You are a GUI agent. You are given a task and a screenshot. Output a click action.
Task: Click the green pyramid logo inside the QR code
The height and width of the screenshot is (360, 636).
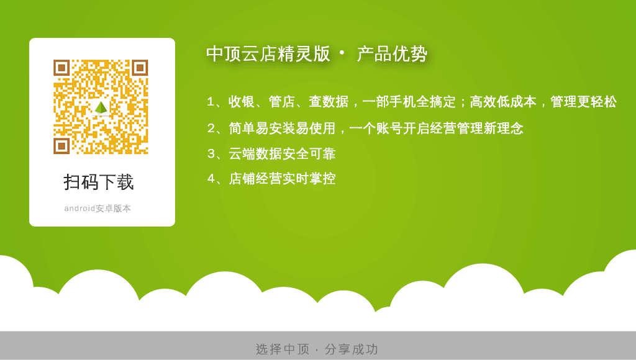[101, 107]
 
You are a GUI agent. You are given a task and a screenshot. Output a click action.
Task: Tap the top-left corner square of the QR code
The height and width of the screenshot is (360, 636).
[61, 68]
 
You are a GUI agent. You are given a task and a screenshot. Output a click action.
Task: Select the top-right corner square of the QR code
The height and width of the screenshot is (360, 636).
[140, 68]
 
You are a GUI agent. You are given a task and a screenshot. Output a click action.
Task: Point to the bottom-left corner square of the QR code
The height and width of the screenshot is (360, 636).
[61, 146]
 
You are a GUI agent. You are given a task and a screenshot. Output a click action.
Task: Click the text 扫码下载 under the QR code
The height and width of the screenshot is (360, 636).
[99, 182]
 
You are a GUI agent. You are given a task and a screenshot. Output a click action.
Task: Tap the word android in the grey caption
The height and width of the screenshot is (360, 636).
[79, 209]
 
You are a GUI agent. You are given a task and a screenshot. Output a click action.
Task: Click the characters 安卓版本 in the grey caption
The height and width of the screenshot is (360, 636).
[113, 209]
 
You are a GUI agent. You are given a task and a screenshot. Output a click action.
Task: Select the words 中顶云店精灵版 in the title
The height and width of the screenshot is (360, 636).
[268, 54]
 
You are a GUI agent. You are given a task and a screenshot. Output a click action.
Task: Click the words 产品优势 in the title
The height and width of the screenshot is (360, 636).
[392, 54]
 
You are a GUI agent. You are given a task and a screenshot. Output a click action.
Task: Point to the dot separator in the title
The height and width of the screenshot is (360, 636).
[342, 53]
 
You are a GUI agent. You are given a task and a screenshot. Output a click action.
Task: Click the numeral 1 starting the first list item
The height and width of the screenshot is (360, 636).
[211, 101]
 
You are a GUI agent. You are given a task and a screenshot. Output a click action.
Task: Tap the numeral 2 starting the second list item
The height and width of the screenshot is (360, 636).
[211, 128]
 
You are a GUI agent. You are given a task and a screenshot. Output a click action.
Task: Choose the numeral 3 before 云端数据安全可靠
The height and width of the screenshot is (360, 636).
[211, 154]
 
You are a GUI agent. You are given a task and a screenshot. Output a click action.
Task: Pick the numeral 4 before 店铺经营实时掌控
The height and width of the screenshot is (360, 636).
[211, 178]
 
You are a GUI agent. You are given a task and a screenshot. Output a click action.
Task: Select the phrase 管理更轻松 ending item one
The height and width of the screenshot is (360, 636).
[583, 101]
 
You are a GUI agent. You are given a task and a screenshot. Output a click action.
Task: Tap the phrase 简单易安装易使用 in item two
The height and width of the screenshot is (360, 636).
[282, 128]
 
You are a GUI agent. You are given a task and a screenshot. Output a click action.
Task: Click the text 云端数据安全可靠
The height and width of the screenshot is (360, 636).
[282, 154]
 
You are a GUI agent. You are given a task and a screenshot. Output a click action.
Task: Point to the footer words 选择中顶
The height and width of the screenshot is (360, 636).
[283, 349]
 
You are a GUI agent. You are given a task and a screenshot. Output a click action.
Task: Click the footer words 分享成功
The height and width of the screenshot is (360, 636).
[352, 349]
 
